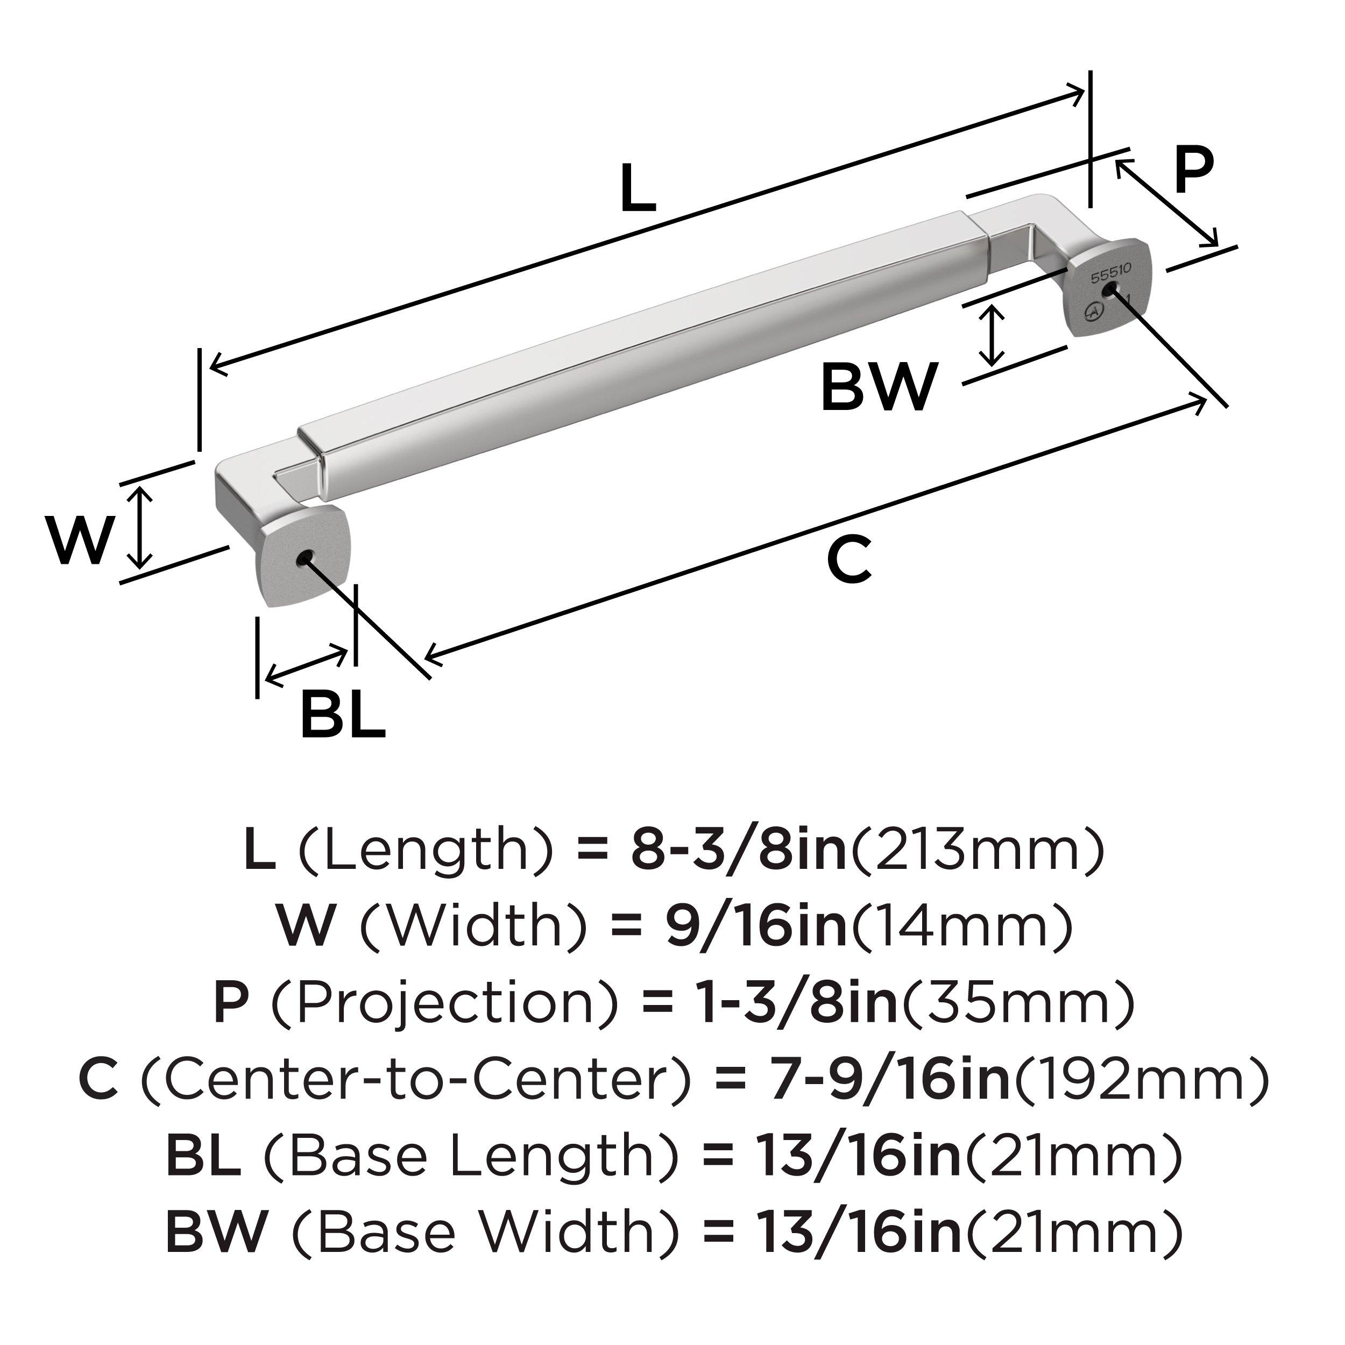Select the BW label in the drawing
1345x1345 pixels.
tap(878, 388)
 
